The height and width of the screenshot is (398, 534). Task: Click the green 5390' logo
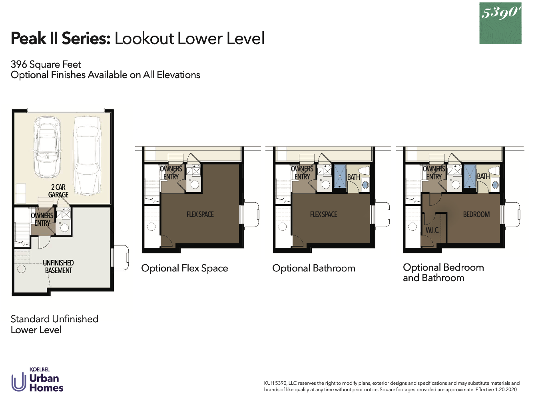pos(500,23)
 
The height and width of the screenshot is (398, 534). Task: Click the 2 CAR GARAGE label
pos(58,191)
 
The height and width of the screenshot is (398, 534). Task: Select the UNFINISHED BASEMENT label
pos(58,267)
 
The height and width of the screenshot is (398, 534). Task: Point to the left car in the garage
pos(47,147)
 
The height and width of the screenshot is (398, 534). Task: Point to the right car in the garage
pos(87,155)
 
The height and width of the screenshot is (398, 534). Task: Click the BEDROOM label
pos(476,215)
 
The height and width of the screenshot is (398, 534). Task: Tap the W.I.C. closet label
pos(432,230)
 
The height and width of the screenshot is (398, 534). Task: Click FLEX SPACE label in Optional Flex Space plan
pos(200,215)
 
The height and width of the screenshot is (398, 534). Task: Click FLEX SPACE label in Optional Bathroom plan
pos(323,215)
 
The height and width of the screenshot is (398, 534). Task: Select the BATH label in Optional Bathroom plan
pos(353,177)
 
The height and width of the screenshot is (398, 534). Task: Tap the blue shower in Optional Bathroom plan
pos(340,176)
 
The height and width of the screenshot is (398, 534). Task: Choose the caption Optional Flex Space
pos(185,268)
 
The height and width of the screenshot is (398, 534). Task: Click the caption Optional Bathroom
pos(314,268)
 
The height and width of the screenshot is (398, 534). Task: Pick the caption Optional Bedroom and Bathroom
pos(443,273)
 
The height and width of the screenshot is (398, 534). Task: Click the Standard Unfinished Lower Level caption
pos(54,324)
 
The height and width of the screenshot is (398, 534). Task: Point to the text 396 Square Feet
pos(46,64)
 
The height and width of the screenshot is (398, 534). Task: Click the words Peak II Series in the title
pos(60,38)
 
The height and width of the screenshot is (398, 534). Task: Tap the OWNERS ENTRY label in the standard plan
pos(42,219)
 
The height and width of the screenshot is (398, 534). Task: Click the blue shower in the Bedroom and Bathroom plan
pos(470,176)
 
